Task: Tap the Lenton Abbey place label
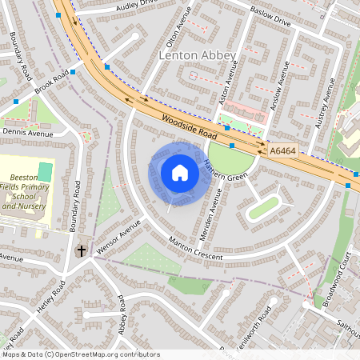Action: [x=198, y=55]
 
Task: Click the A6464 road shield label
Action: [x=282, y=150]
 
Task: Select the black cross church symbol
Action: [x=81, y=251]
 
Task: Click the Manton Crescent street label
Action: [x=197, y=250]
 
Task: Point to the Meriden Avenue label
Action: [x=212, y=210]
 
